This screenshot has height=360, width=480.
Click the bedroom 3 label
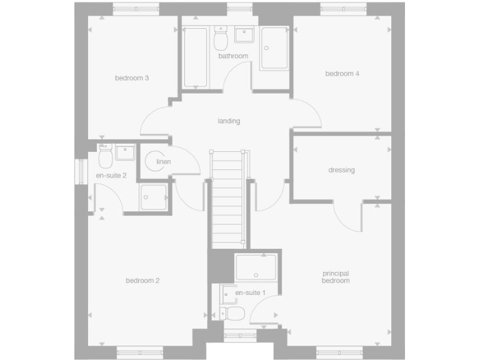(131, 78)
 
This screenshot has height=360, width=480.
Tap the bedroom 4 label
(342, 74)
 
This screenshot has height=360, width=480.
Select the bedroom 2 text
(142, 281)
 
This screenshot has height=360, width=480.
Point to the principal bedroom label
(336, 277)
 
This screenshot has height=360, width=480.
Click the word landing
(229, 121)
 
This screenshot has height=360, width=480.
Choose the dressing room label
(341, 170)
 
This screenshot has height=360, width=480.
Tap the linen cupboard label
(164, 162)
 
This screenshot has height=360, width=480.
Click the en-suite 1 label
(250, 292)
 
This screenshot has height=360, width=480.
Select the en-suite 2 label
(111, 176)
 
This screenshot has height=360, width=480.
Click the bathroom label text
(233, 56)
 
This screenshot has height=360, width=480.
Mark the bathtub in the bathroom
(196, 57)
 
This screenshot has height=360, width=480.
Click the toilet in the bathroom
(220, 40)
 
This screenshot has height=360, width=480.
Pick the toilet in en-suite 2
(105, 157)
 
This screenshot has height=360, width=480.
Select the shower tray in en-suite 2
(154, 197)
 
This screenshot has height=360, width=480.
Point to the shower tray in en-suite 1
(256, 267)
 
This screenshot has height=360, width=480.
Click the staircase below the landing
(228, 200)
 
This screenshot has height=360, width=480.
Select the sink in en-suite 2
(125, 152)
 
